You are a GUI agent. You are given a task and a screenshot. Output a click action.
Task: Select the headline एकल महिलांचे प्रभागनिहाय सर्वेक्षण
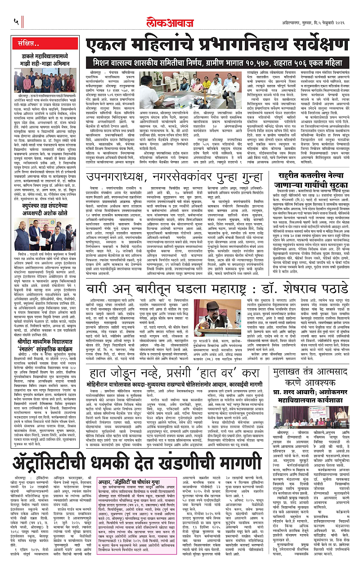coord(215,46)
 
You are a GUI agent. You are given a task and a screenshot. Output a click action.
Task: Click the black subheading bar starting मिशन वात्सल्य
coord(215,61)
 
